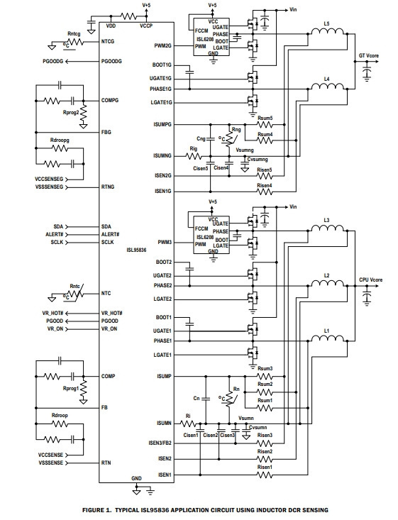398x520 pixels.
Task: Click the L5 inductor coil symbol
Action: (x=327, y=31)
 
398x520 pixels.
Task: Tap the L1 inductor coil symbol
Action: (x=327, y=338)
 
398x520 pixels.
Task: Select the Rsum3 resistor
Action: (x=265, y=376)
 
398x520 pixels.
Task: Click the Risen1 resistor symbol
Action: (x=265, y=475)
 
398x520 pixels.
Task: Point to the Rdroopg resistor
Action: (x=60, y=148)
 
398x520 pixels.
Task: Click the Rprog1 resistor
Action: (x=84, y=387)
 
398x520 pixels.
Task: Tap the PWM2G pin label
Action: (x=163, y=46)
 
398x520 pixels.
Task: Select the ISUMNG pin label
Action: (x=162, y=156)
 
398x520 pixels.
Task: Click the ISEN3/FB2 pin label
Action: (x=160, y=443)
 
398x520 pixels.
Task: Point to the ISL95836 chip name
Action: (x=136, y=250)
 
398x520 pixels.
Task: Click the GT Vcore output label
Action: (x=369, y=56)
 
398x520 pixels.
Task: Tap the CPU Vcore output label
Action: (x=371, y=280)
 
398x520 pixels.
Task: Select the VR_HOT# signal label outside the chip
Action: (x=52, y=313)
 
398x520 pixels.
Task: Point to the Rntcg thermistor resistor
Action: (x=75, y=42)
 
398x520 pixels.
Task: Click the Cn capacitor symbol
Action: (x=206, y=399)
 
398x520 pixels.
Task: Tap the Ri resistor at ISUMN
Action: (x=188, y=424)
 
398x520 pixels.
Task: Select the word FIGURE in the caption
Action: (x=94, y=510)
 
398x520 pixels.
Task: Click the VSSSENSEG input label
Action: (x=49, y=187)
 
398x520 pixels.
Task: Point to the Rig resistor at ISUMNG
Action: (x=194, y=156)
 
